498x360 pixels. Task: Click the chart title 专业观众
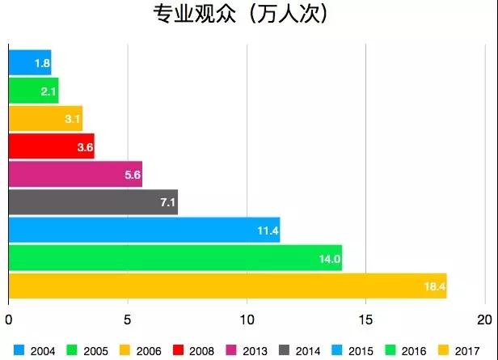point(230,15)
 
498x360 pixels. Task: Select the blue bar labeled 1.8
point(30,62)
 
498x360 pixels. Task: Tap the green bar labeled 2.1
point(33,91)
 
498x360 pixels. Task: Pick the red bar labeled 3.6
point(51,146)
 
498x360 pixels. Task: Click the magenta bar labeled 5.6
point(74,174)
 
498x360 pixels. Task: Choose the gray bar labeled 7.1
point(92,202)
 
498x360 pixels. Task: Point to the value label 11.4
point(268,231)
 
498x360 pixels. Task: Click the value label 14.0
point(330,259)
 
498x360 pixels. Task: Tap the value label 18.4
point(435,286)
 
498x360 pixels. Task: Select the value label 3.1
point(73,119)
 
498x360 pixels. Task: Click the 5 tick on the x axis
point(128,317)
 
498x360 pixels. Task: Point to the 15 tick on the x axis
point(366,317)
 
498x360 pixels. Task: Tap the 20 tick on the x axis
point(485,317)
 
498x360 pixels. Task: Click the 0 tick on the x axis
point(9,317)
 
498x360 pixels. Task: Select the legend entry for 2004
point(36,351)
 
